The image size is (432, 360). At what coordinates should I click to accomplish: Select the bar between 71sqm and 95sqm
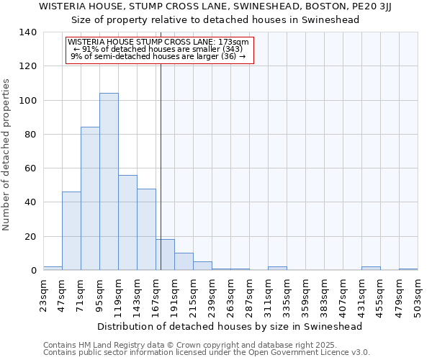pos(90,199)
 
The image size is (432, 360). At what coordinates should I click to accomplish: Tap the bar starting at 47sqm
pos(71,231)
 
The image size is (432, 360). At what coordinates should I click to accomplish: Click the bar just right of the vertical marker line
pos(166,255)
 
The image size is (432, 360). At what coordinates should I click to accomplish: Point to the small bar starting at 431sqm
pos(371,269)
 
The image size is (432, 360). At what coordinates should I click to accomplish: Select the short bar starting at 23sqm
pos(53,269)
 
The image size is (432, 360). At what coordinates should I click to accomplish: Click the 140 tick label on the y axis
pos(28,32)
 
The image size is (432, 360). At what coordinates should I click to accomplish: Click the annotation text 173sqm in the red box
pos(235,42)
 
